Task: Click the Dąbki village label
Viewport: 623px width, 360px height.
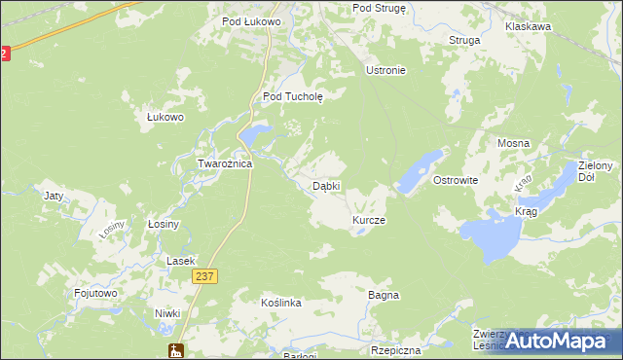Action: coord(325,186)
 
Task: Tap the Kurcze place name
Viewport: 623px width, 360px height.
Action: coord(369,221)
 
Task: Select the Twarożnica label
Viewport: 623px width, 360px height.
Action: coord(225,163)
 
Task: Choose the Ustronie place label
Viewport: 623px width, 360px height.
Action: coord(385,71)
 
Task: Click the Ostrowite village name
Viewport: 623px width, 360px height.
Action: coord(455,181)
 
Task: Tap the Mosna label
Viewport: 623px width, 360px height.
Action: coord(513,143)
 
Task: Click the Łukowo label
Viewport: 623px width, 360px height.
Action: coord(165,117)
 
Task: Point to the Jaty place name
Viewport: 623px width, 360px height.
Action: coord(55,196)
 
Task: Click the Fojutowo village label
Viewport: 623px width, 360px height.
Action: coord(96,292)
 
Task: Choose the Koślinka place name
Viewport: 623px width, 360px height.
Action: coord(281,304)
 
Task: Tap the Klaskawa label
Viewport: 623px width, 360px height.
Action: coord(529,27)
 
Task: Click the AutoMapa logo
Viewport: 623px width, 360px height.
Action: coord(556,342)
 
